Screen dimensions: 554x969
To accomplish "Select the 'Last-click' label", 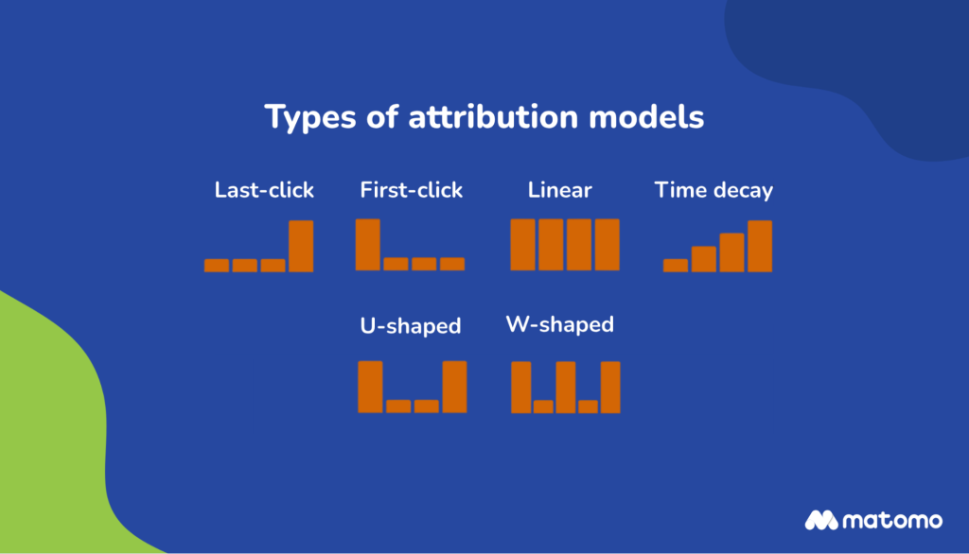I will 264,190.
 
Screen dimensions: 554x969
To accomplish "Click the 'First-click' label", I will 411,190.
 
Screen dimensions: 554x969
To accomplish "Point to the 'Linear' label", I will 559,190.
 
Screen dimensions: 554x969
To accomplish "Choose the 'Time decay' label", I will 714,190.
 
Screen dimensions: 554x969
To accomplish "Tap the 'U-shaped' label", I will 410,326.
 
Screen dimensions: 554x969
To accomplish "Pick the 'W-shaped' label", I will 560,325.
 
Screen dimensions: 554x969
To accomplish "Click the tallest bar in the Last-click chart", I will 301,246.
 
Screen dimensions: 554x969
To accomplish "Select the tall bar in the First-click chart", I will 368,245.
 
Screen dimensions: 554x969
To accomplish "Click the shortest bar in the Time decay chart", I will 676,266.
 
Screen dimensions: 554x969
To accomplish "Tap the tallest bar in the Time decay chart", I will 760,246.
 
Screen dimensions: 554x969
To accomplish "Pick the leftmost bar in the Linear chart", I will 522,245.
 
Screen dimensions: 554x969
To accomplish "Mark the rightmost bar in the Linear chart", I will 607,245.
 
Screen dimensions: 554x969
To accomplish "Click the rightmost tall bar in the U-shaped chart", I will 455,387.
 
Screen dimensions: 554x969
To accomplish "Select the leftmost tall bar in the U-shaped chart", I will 370,387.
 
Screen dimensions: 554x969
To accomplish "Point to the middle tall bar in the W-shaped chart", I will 566,387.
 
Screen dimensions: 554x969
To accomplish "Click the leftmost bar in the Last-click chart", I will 217,266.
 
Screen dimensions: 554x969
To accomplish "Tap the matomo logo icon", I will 821,520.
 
